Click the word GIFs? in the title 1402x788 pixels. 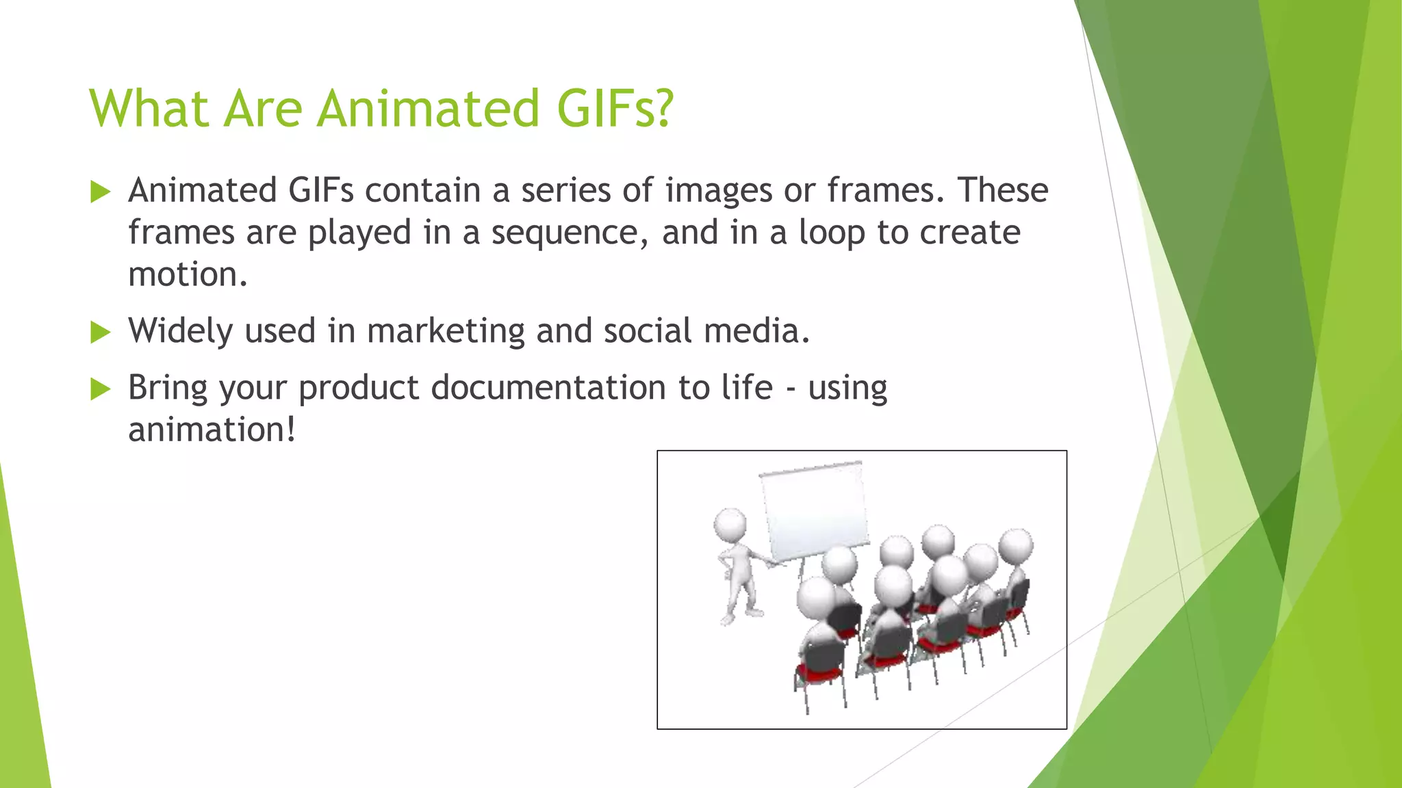[x=615, y=108]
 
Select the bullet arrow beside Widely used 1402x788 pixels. [x=100, y=332]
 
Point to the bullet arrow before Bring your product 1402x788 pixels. [x=100, y=389]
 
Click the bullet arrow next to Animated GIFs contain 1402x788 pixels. [x=100, y=192]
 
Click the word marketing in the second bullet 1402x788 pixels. [x=446, y=331]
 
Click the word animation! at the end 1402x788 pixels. [x=212, y=430]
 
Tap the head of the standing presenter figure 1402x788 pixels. [x=730, y=525]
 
